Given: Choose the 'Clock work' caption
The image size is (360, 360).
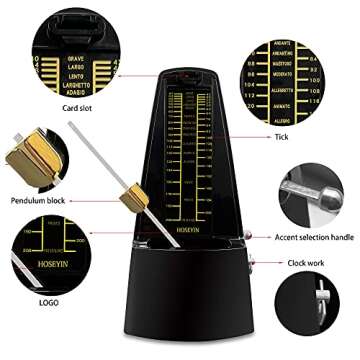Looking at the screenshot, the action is (306, 263).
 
